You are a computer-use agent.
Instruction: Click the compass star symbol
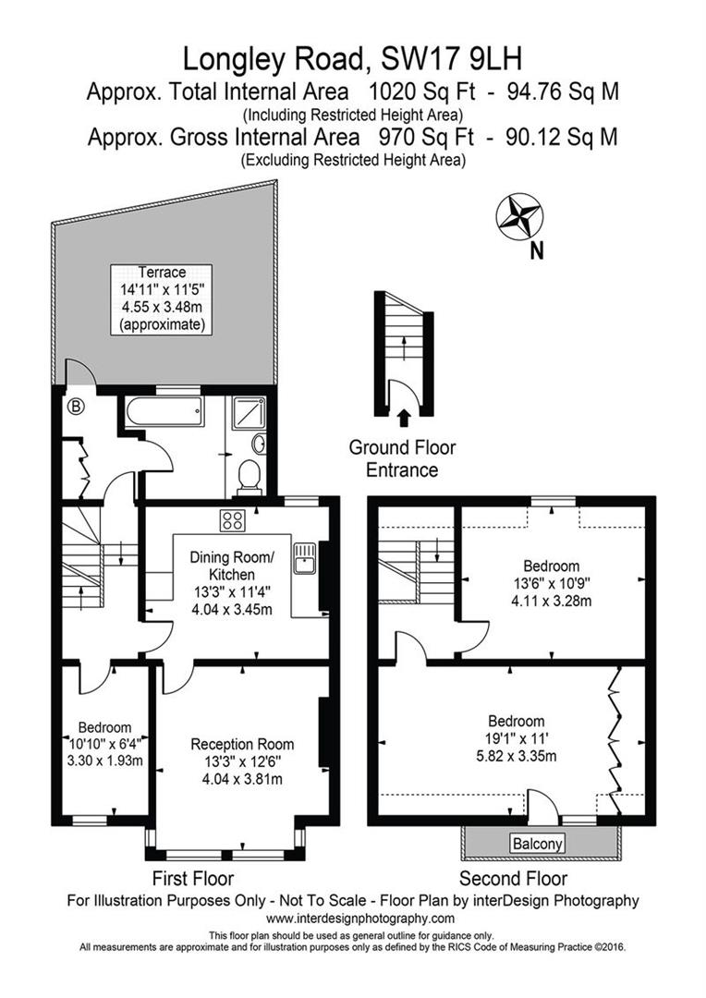[518, 214]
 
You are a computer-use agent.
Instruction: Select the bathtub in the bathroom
[164, 411]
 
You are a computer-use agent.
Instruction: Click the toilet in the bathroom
[248, 476]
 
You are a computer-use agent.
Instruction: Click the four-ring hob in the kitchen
[231, 519]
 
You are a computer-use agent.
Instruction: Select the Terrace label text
[162, 272]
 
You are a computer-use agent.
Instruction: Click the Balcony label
[537, 844]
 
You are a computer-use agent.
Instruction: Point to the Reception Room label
[242, 744]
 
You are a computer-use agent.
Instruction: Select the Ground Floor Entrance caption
[402, 458]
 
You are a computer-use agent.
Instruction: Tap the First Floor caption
[191, 878]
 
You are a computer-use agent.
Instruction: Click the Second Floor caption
[513, 878]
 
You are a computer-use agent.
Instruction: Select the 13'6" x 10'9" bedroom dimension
[552, 583]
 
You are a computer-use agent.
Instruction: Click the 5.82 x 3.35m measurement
[516, 757]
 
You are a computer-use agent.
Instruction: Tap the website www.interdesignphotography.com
[360, 918]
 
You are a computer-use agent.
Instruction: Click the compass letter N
[536, 249]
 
